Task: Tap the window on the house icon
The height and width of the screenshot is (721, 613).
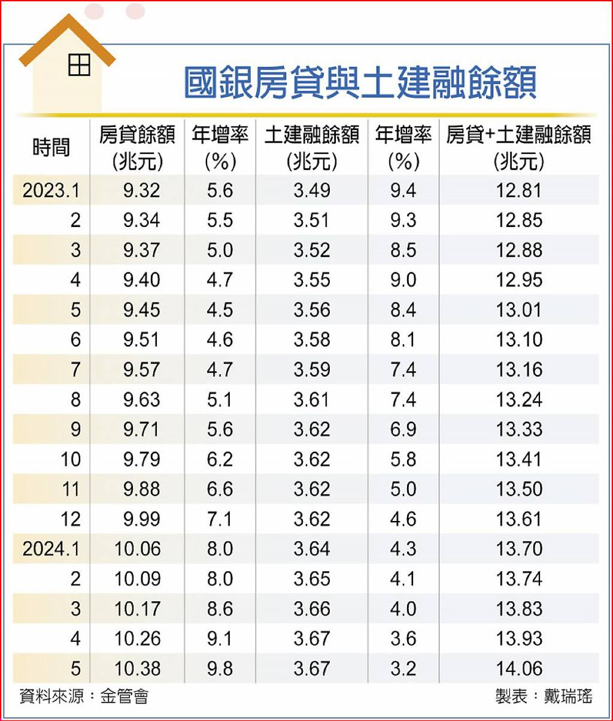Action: (x=79, y=65)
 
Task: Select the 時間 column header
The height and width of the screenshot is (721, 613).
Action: (x=51, y=147)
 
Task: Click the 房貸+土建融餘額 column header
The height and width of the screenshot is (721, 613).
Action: (x=518, y=148)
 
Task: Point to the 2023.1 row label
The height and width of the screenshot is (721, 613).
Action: (x=51, y=190)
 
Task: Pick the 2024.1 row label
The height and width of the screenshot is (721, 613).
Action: (x=51, y=549)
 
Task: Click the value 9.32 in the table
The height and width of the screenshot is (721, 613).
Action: (x=141, y=190)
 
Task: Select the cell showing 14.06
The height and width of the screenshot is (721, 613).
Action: (x=519, y=669)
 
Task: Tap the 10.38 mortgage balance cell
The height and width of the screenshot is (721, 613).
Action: (x=137, y=669)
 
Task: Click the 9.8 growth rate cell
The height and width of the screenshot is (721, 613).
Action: (x=220, y=669)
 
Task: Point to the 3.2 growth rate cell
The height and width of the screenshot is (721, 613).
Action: (x=403, y=669)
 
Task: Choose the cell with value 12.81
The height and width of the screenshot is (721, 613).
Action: (x=519, y=190)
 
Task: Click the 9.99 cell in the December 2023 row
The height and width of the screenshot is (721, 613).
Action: (x=141, y=519)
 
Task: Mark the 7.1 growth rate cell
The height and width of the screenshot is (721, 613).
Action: (x=220, y=519)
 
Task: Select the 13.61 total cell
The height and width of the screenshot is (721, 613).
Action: (x=519, y=519)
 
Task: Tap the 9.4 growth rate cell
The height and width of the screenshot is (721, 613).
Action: (x=403, y=190)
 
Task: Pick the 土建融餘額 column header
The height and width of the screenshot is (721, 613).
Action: (x=312, y=148)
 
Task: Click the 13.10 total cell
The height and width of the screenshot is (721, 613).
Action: (x=519, y=340)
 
